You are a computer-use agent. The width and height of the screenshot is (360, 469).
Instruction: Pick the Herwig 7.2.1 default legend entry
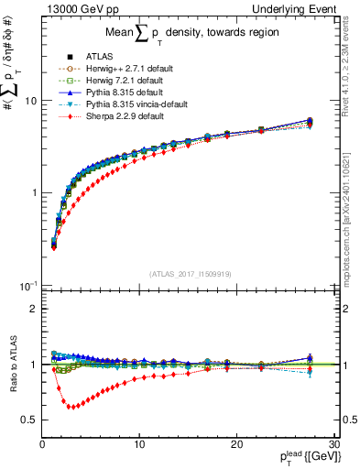[x=117, y=80]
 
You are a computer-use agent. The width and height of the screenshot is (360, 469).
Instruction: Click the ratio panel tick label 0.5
[x=30, y=420]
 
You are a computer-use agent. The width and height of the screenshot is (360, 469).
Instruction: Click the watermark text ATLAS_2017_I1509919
[x=189, y=273]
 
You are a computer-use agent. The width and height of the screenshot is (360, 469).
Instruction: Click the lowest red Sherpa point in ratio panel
[x=71, y=407]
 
